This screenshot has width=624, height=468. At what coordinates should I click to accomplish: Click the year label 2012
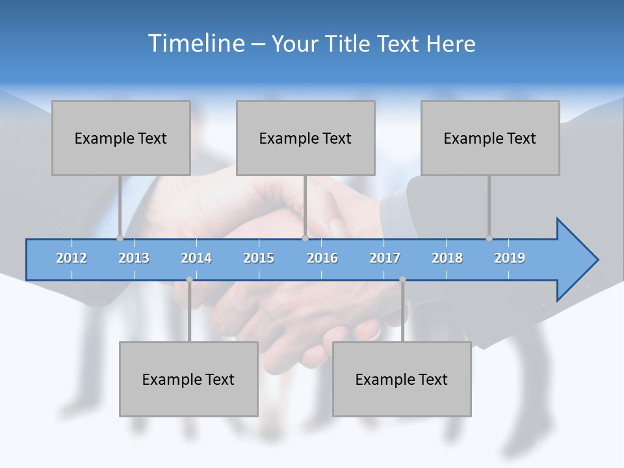(x=71, y=258)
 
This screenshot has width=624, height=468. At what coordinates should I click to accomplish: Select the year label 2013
(x=134, y=258)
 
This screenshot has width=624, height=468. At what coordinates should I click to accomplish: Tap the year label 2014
(x=196, y=258)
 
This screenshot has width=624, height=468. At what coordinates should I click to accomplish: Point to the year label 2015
(x=259, y=258)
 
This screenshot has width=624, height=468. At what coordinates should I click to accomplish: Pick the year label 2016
(x=322, y=258)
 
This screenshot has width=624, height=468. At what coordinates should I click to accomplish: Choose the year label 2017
(x=385, y=258)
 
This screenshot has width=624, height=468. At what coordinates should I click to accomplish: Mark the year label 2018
(x=447, y=258)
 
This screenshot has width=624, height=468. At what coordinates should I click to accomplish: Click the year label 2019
(x=510, y=258)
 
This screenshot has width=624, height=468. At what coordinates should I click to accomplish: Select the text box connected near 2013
(x=121, y=138)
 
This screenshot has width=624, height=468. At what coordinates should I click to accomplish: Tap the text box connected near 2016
(x=305, y=138)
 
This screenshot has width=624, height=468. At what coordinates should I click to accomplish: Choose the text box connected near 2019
(x=490, y=138)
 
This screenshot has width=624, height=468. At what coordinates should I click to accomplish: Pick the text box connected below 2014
(x=188, y=379)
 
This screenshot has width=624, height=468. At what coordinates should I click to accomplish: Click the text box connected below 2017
(x=402, y=379)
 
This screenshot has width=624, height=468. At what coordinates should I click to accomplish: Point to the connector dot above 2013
(x=120, y=238)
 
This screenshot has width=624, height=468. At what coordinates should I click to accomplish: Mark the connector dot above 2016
(x=305, y=238)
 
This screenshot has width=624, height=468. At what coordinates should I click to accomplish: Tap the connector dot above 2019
(x=489, y=238)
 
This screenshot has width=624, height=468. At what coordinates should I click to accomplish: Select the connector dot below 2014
(x=189, y=279)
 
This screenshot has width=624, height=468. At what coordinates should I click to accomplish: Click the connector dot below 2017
(x=402, y=279)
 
